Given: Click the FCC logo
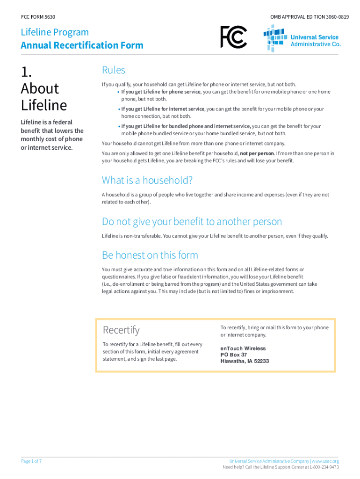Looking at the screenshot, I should coord(233,37).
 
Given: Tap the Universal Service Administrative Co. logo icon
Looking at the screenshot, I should coord(275,38).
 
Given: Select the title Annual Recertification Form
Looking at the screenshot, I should coord(82,45).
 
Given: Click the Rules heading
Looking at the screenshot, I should coord(114,70).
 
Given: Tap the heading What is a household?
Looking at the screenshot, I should coord(147,180).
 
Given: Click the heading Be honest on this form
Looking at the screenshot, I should coord(150,255).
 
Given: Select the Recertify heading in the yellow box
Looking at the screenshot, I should coord(121,330).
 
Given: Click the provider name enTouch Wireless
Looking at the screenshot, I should coord(243,348).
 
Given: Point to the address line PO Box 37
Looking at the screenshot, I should coord(234,355).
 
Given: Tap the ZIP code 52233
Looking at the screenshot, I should coord(260,361).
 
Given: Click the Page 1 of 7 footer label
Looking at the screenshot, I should coord(32,461).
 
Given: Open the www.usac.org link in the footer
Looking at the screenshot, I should coord(325,461).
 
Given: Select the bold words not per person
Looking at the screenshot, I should coord(257,153).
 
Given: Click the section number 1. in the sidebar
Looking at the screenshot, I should coord(27,72).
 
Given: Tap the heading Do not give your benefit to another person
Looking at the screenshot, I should coord(192,221).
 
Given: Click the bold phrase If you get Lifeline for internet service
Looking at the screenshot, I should coord(163,109).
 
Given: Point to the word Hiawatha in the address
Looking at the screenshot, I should coord(231,361).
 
